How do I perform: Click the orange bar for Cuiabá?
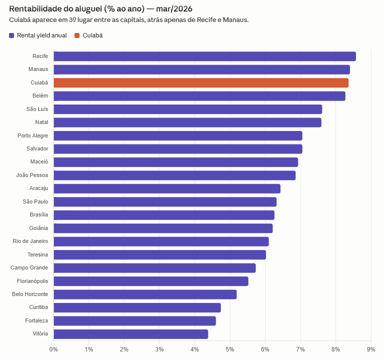pos(200,83)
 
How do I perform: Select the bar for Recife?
pos(204,56)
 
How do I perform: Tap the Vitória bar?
pos(130,334)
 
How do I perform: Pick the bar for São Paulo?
pos(164,202)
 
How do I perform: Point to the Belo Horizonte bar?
pos(144,294)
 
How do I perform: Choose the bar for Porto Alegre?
pos(177,136)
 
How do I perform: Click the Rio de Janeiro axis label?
pos(30,241)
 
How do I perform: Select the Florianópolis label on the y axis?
pos(32,281)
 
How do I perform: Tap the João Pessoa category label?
pos(32,175)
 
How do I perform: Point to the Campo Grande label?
pos(29,268)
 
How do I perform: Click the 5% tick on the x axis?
pos(230,348)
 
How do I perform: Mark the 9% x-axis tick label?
pos(371,348)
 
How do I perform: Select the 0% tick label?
pos(53,348)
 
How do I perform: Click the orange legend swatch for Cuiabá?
pos(76,35)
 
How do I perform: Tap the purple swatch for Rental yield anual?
pos(12,35)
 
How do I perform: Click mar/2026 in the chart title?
pos(174,9)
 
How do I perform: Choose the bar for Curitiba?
pos(137,307)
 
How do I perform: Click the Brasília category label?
pos(39,215)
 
